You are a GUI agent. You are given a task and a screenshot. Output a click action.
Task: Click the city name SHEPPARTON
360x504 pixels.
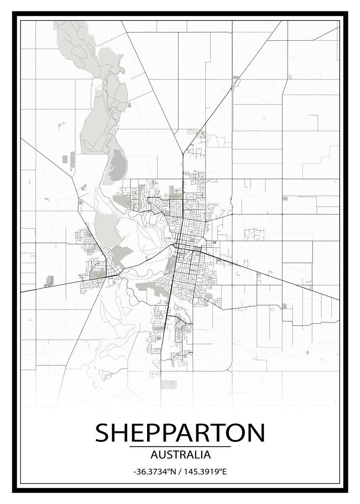pos(180,432)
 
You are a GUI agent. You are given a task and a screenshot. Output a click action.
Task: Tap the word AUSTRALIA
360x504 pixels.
pos(180,454)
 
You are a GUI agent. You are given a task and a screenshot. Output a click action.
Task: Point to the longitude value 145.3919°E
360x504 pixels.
pos(204,472)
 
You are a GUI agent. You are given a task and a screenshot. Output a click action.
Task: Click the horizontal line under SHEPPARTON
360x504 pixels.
pos(180,446)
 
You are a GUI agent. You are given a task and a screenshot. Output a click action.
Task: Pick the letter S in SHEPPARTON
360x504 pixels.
pos(103,432)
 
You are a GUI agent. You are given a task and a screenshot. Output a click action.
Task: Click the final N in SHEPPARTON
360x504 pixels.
pos(256,432)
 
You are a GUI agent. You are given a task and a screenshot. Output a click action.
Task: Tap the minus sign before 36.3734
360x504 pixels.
pos(134,472)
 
